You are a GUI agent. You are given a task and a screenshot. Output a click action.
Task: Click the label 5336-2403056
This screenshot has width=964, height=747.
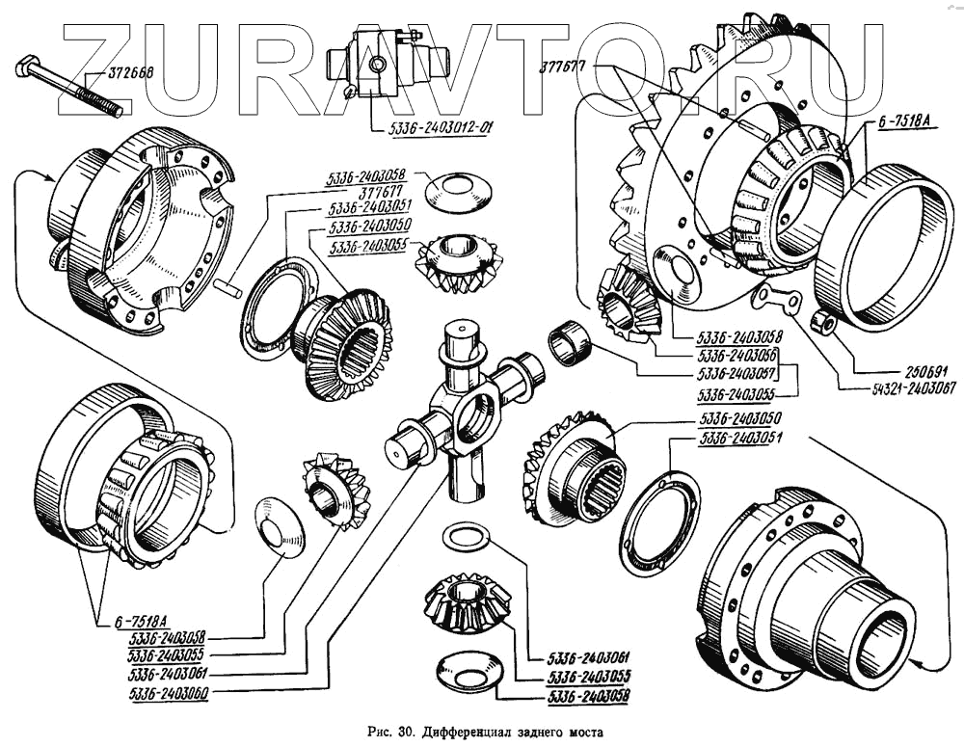click(x=736, y=354)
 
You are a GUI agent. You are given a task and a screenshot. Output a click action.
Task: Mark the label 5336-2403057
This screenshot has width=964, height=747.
click(x=736, y=372)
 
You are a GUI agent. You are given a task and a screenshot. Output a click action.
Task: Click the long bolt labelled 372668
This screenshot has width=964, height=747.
click(x=67, y=85)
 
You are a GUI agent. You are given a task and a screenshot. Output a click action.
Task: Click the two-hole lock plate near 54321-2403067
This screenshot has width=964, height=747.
click(x=777, y=299)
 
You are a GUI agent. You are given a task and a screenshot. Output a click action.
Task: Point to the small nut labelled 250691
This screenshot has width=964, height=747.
click(x=822, y=322)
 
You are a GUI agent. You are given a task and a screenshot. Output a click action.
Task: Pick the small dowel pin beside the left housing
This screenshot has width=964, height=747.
click(x=228, y=286)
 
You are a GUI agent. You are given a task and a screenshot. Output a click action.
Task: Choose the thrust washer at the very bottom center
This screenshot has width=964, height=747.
click(x=466, y=668)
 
